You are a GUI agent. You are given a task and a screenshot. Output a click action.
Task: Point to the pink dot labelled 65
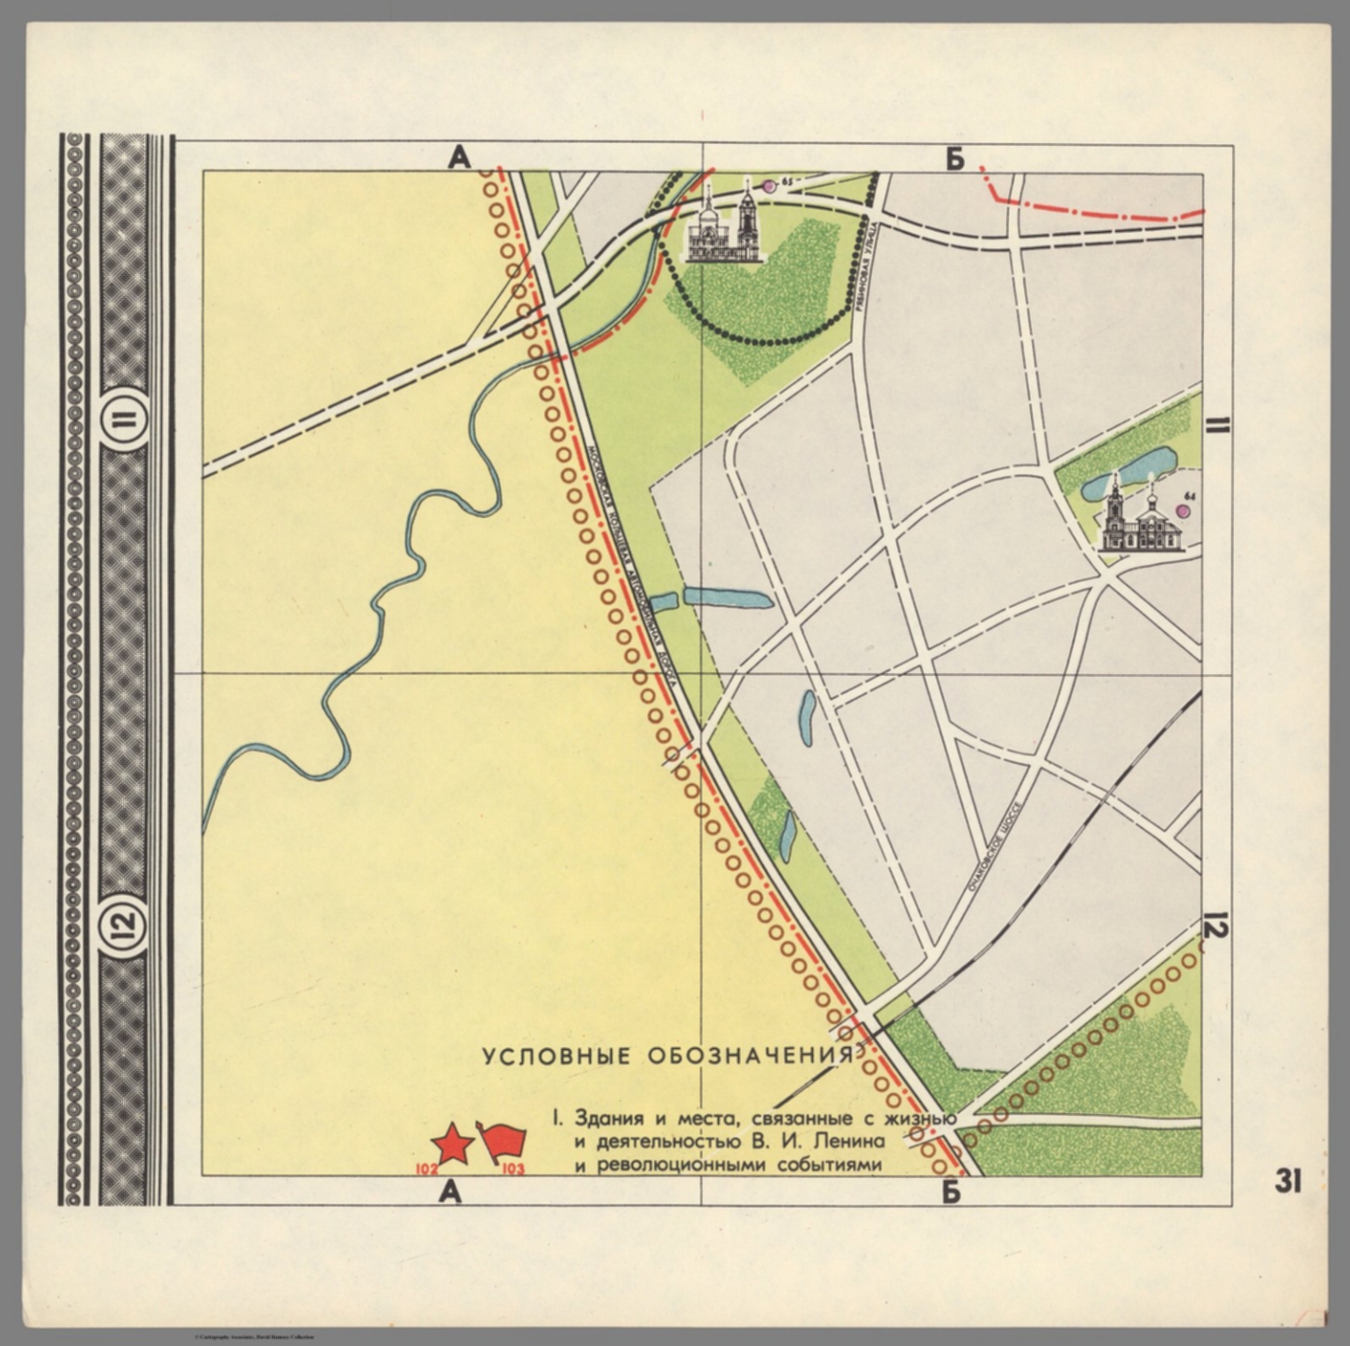click(x=769, y=186)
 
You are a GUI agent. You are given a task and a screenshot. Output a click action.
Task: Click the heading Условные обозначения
click(x=667, y=1056)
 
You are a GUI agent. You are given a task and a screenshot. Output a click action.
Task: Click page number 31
click(x=1288, y=1182)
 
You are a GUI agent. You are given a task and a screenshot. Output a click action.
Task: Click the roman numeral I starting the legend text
click(x=556, y=1119)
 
